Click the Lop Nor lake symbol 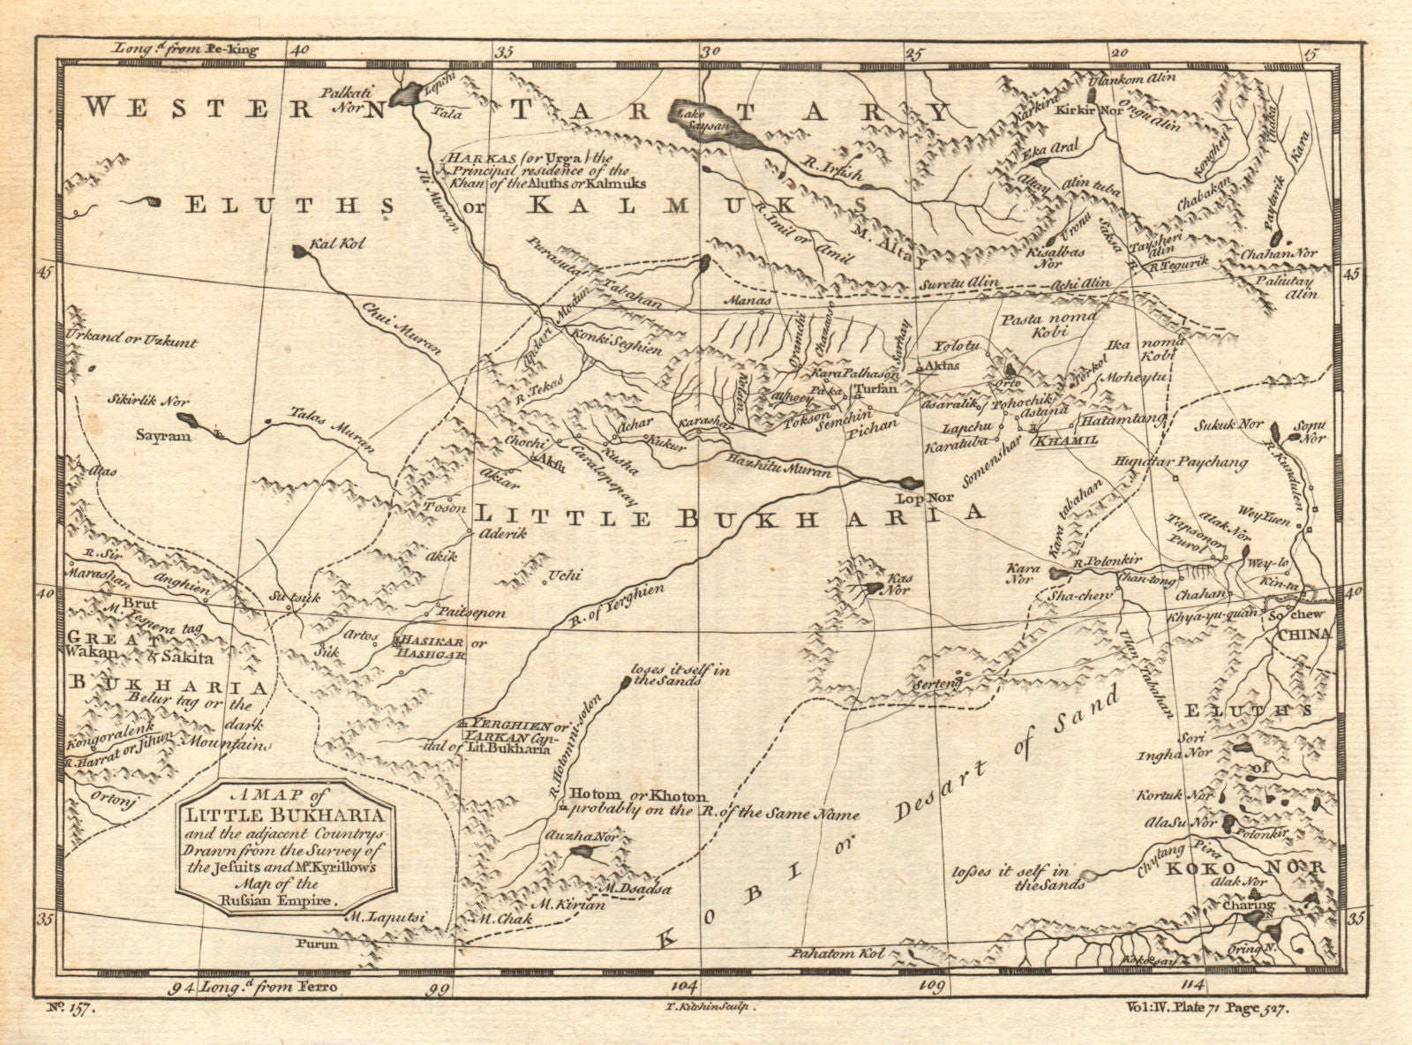click(909, 484)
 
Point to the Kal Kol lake click(301, 252)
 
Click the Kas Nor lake click(875, 587)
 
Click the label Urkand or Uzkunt click(131, 342)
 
